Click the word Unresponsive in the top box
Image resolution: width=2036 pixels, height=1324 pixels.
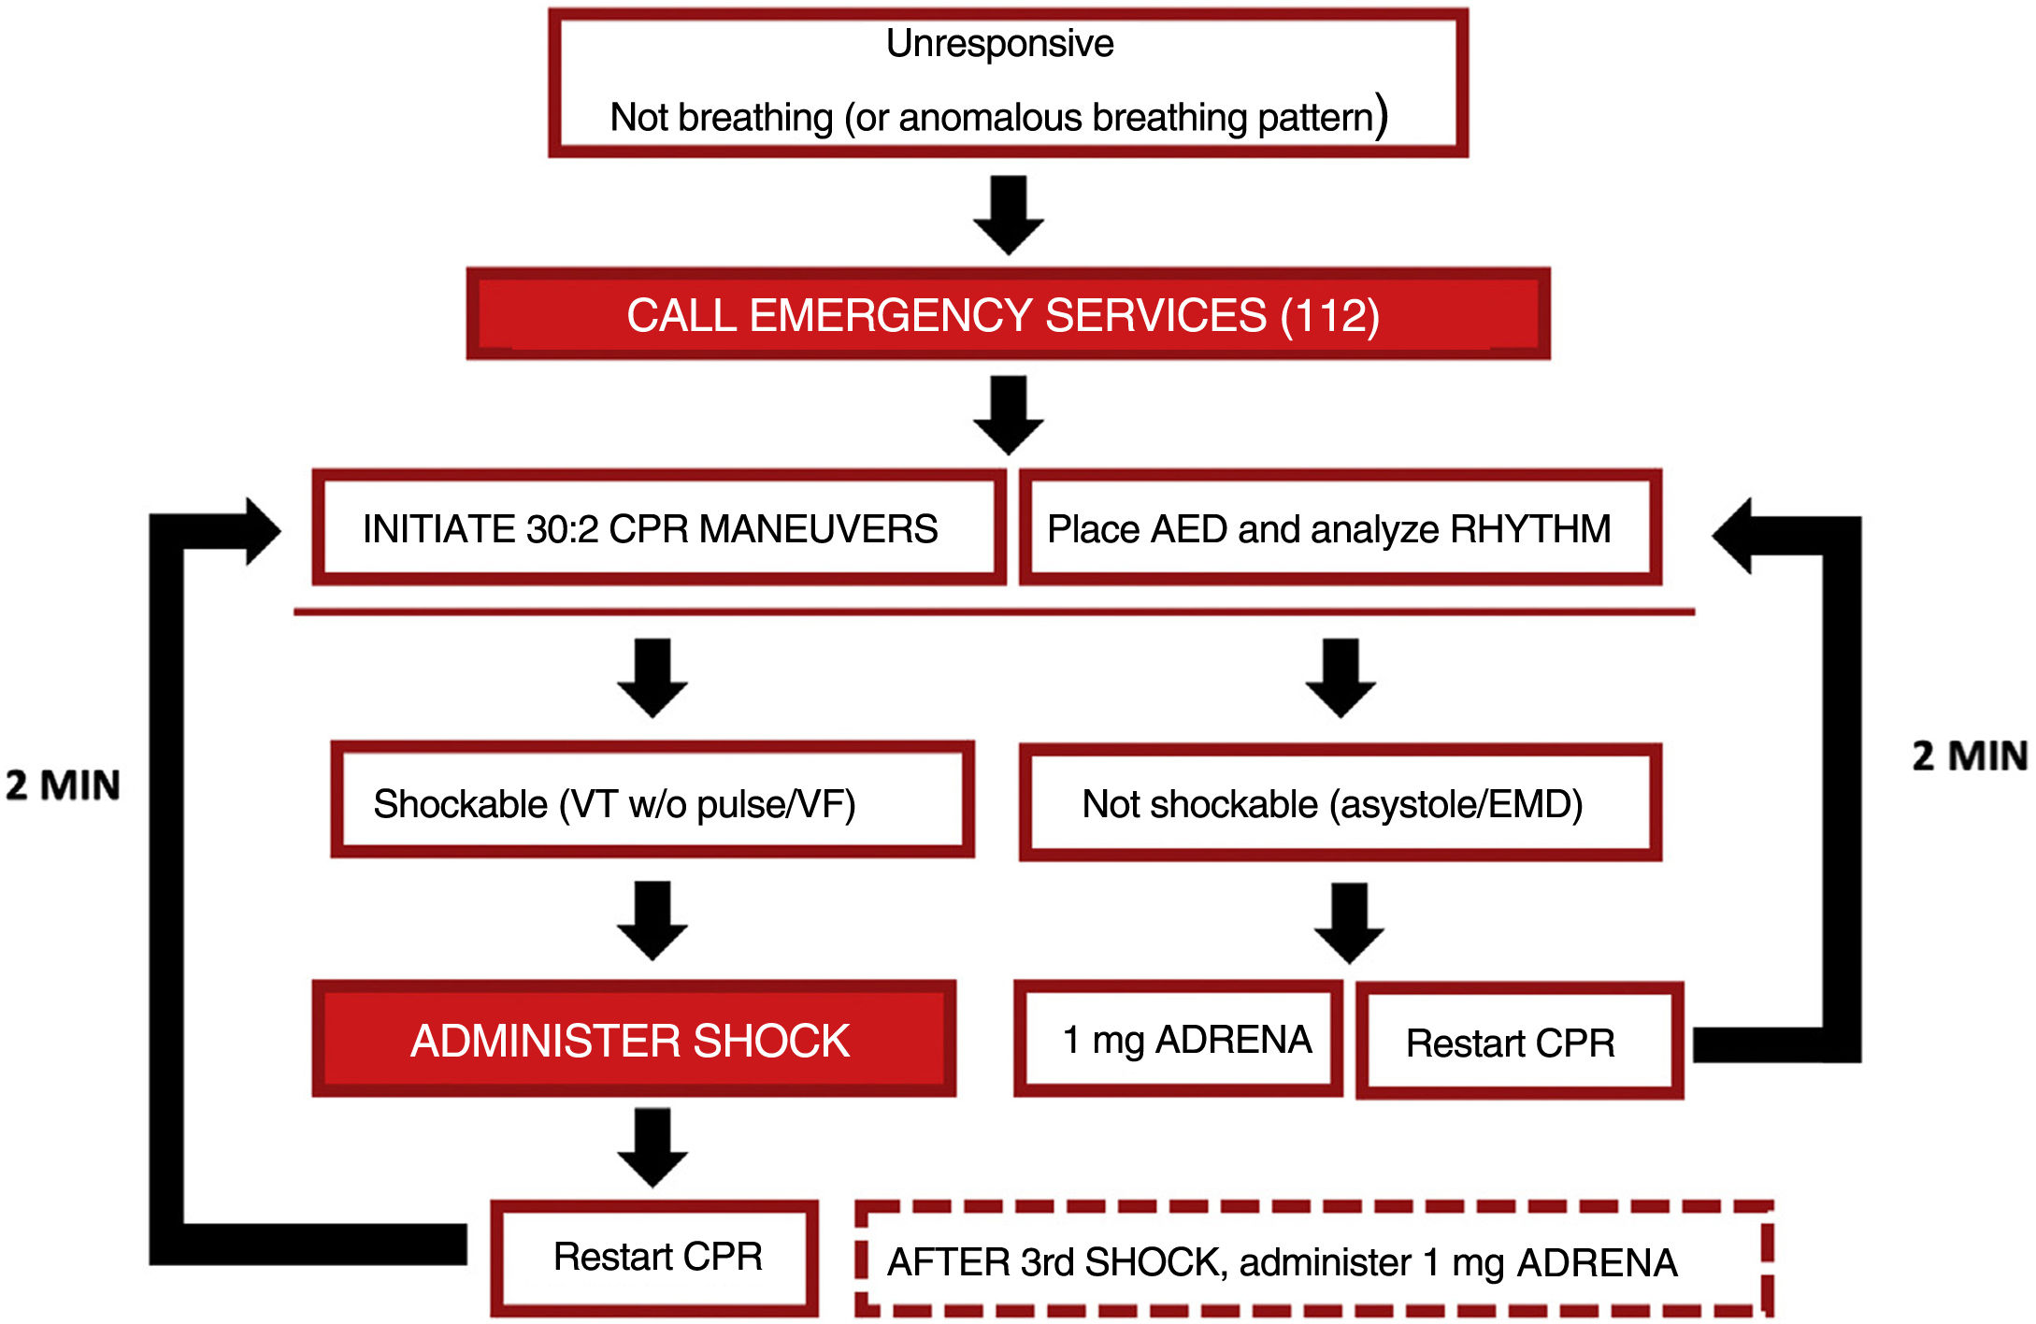click(999, 44)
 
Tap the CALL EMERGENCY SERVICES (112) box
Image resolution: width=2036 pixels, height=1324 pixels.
click(1008, 314)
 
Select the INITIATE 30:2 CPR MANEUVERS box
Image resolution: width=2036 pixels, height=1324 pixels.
click(658, 528)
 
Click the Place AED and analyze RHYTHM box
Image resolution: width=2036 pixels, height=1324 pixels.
click(1340, 528)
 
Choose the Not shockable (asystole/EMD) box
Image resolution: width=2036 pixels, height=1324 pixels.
click(1340, 803)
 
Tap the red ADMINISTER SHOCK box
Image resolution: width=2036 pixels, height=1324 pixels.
click(634, 1039)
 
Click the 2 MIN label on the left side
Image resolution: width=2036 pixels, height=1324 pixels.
click(63, 785)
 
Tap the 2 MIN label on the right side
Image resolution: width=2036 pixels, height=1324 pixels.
click(1970, 756)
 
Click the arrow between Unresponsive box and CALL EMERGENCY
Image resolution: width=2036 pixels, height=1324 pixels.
click(1008, 215)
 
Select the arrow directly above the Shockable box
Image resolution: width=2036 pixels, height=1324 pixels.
click(652, 678)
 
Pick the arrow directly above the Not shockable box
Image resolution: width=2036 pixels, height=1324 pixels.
click(1341, 678)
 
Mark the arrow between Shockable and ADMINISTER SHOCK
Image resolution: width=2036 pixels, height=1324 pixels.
click(652, 920)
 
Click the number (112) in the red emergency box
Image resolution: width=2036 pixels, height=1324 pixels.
click(1329, 315)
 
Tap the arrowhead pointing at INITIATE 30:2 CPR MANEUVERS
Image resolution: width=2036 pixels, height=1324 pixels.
click(261, 531)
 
